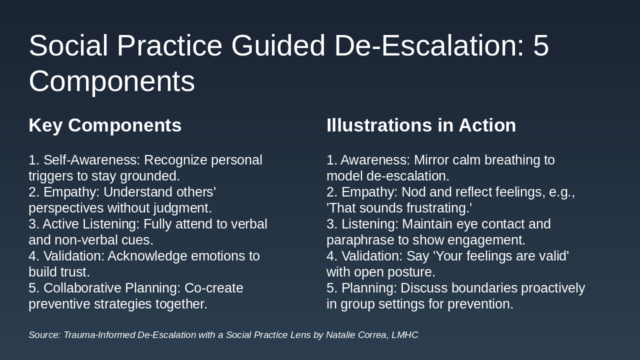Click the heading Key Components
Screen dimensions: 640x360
point(105,125)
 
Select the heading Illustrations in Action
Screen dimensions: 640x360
point(421,125)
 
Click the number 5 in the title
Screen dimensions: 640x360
point(541,45)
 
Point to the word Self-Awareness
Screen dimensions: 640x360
point(91,160)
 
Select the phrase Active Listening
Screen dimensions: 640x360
point(91,224)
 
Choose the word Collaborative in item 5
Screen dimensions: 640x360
point(82,288)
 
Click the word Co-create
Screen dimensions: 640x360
point(213,288)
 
